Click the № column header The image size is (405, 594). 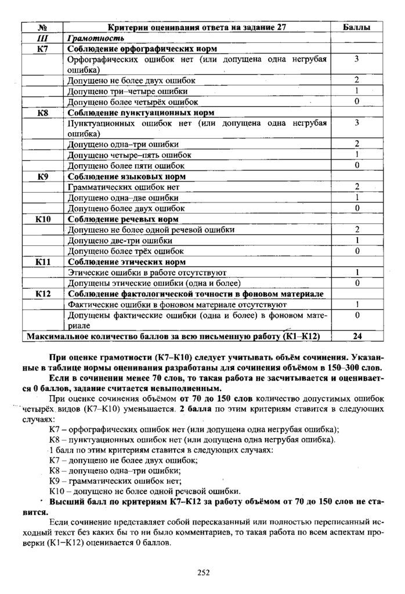(x=42, y=27)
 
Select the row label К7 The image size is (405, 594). (x=42, y=49)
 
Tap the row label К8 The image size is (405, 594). (x=42, y=112)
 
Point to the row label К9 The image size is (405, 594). (x=42, y=176)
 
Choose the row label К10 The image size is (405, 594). (x=42, y=219)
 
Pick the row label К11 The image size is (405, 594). (x=42, y=262)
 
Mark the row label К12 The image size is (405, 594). (x=42, y=294)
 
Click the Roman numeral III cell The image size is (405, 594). (x=42, y=38)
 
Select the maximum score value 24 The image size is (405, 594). (x=357, y=336)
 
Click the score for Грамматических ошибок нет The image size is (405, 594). (x=357, y=187)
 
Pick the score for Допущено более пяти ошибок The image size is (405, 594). (x=357, y=165)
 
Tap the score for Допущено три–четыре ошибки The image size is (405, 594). (x=357, y=91)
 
